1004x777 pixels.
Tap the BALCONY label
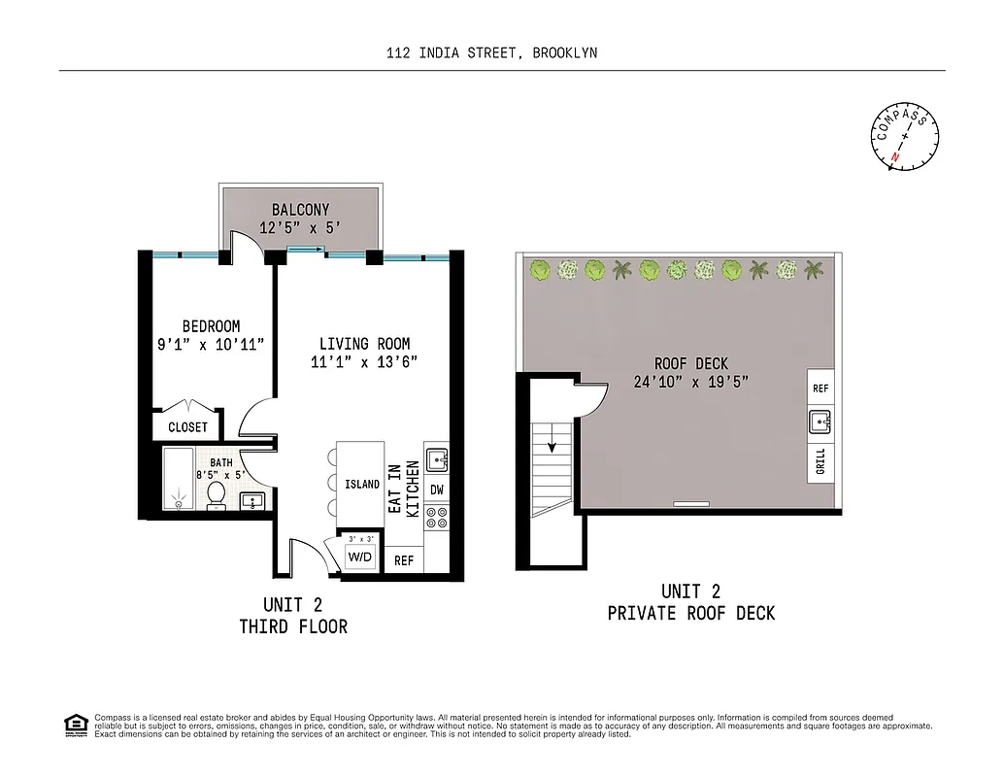[300, 209]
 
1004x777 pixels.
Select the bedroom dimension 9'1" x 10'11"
[211, 344]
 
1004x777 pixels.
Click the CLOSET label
[187, 427]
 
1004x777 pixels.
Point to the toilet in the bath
[217, 494]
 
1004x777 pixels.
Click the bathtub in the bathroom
[178, 479]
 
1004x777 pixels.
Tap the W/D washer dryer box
[358, 557]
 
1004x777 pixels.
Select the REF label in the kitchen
[404, 560]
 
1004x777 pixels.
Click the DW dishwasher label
[436, 491]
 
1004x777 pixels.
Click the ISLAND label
[362, 484]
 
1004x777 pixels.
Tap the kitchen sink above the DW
[436, 458]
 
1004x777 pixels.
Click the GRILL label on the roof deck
[820, 460]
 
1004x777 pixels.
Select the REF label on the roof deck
[820, 388]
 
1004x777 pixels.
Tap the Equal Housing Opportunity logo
[74, 724]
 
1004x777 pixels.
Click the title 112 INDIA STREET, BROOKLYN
[491, 53]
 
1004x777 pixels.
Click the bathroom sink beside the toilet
[251, 501]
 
